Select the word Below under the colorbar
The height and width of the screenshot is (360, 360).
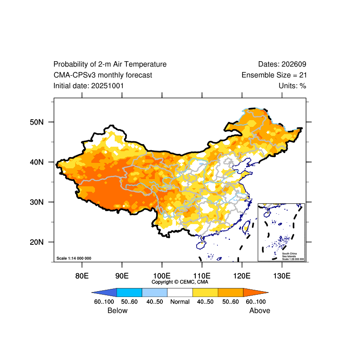tap(117, 310)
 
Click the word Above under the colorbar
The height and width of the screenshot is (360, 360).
tap(260, 310)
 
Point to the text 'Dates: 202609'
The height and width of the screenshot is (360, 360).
tap(282, 64)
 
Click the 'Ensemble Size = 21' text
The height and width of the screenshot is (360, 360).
tap(274, 75)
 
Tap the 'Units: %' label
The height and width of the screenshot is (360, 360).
tap(292, 85)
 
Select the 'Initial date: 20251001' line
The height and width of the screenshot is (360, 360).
tap(89, 85)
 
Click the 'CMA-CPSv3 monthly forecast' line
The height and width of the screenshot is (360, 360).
tap(103, 75)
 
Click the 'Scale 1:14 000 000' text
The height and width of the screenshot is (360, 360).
tap(74, 258)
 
